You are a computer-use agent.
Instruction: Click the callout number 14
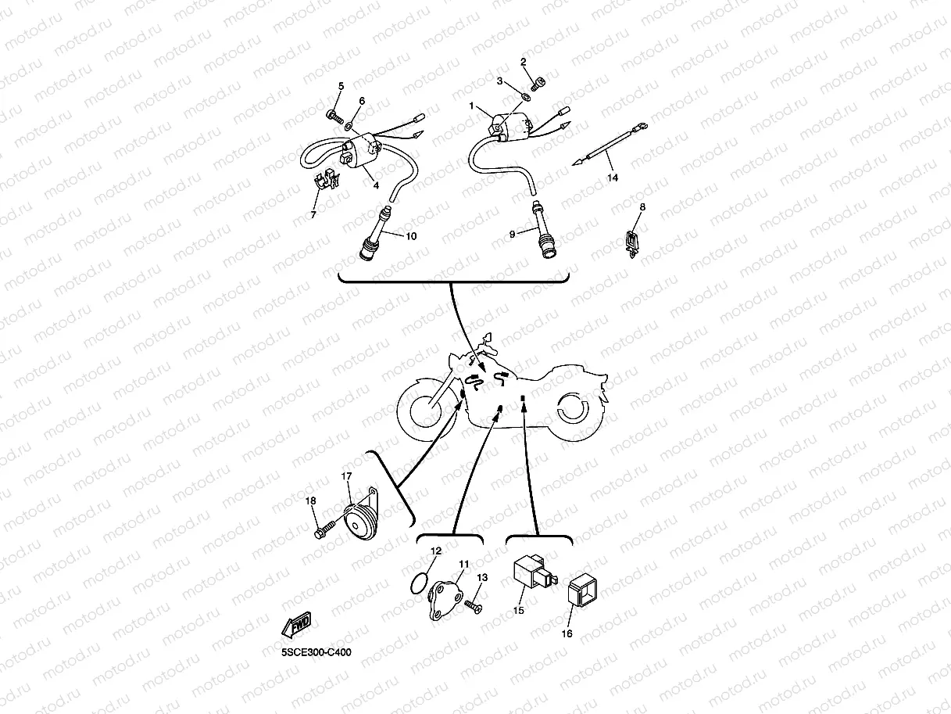tap(613, 178)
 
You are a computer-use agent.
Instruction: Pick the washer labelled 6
tap(348, 127)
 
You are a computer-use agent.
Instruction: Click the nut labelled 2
tap(538, 78)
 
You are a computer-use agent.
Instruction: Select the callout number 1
tap(472, 105)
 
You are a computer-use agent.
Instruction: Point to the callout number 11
tap(463, 563)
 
